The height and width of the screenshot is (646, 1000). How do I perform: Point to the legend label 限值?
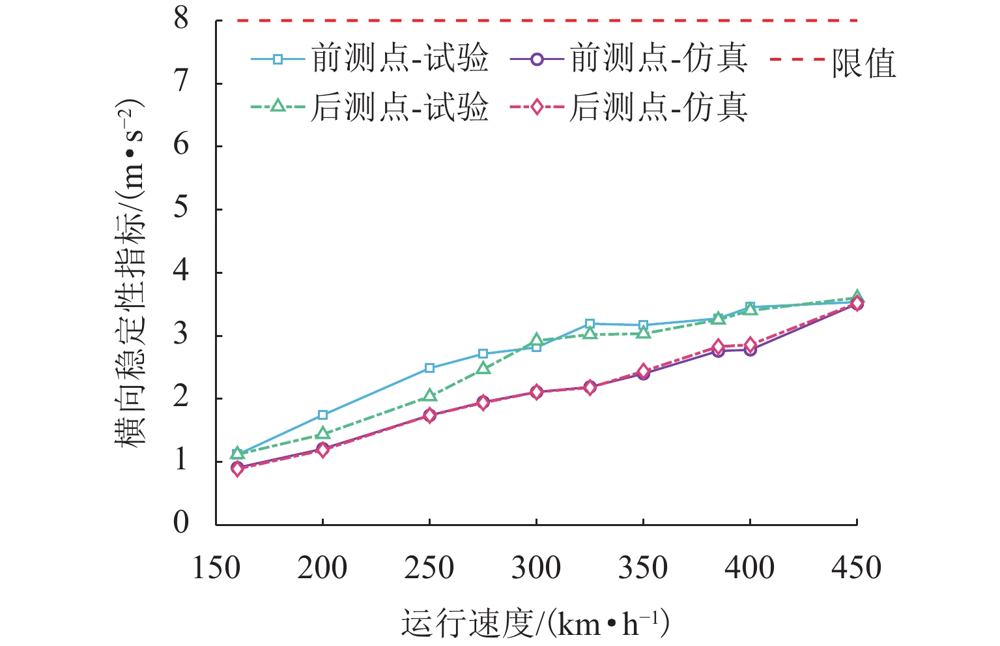tap(863, 63)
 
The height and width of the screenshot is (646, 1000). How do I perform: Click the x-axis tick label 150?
tap(216, 568)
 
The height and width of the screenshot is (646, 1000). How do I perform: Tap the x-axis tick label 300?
tap(536, 568)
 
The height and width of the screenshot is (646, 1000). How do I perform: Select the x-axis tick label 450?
tap(856, 568)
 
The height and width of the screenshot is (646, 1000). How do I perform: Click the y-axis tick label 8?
tap(181, 19)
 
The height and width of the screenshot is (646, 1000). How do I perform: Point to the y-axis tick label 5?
tap(181, 209)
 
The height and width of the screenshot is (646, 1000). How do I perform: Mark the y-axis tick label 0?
tap(181, 523)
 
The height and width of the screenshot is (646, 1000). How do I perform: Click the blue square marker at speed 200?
tap(322, 415)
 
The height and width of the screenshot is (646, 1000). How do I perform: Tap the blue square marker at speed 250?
tap(429, 368)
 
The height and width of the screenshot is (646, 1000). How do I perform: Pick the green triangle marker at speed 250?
tap(429, 396)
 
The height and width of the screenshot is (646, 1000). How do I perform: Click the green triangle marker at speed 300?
tap(536, 340)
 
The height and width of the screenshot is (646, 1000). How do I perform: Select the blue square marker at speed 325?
tap(590, 323)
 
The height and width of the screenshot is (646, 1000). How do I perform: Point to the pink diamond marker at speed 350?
tap(643, 371)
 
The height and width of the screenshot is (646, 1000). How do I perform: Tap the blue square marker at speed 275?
tap(483, 353)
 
